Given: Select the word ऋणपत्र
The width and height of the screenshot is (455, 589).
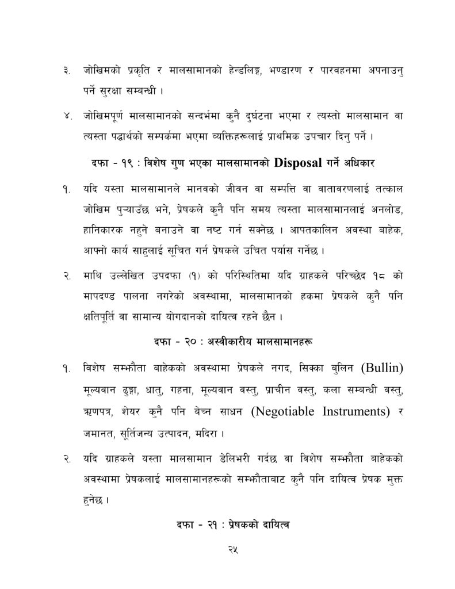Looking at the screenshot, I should [98, 411].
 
